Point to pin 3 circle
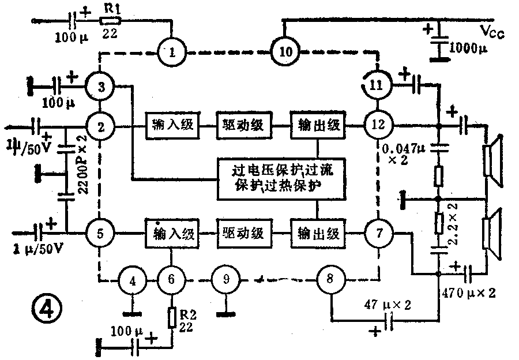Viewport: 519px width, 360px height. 101,88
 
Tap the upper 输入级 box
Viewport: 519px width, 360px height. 173,125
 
